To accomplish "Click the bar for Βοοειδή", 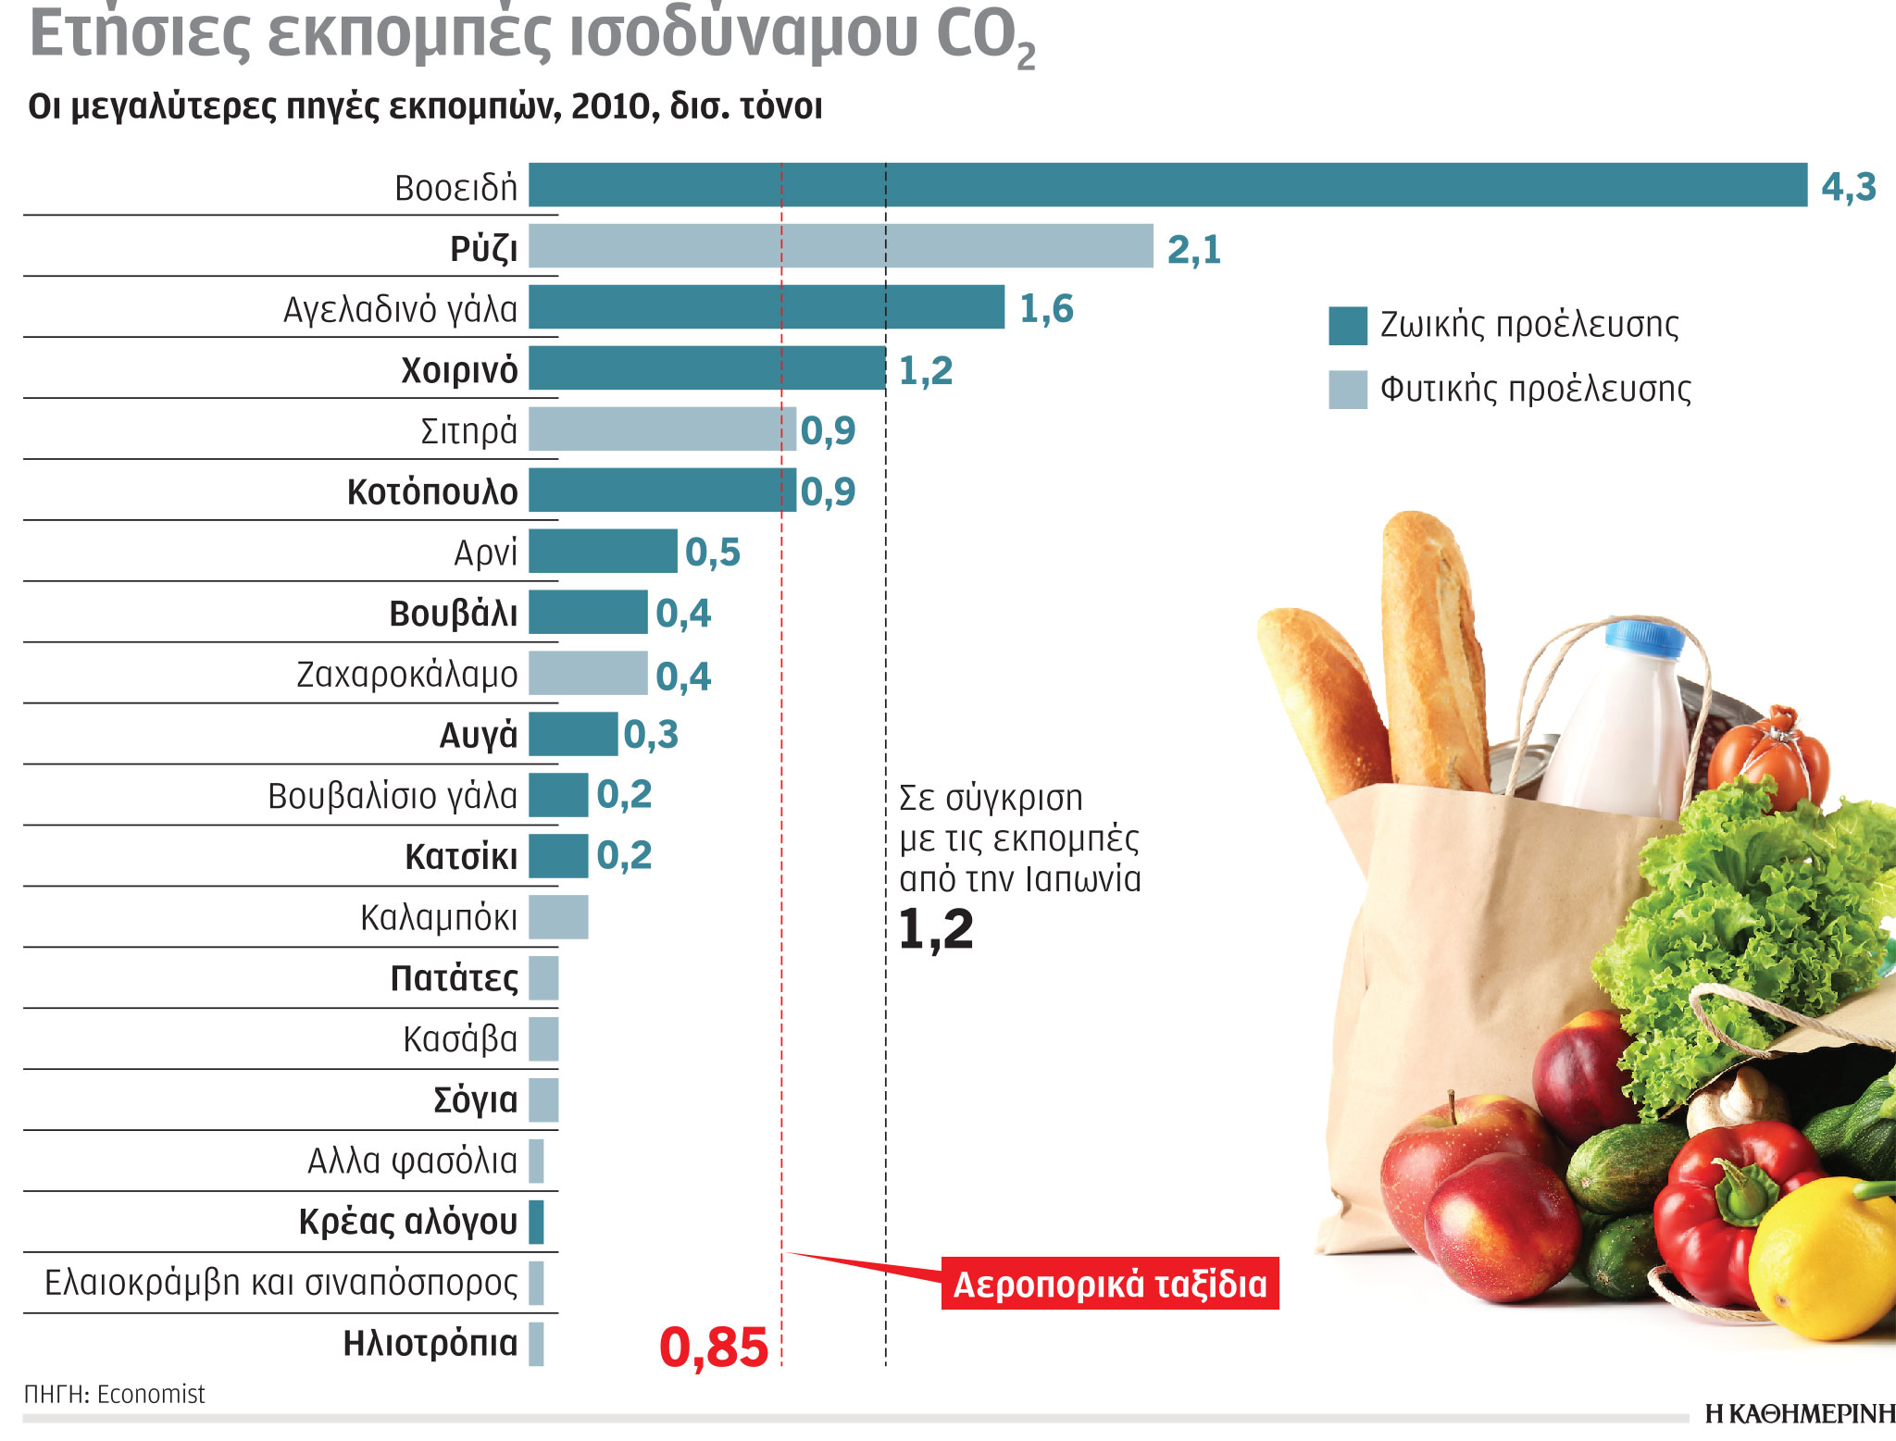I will [x=1166, y=185].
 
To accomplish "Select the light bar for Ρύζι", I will [x=841, y=246].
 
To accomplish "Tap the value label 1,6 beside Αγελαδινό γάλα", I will [x=1046, y=309].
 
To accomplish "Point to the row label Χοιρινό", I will [x=459, y=370].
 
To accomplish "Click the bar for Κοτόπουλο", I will [x=662, y=491].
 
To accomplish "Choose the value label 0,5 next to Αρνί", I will [x=713, y=553].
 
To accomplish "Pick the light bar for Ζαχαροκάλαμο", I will [x=588, y=674].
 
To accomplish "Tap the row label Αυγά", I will [x=479, y=736].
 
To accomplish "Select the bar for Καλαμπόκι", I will [x=558, y=917].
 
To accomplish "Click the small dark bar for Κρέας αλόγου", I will [x=536, y=1223].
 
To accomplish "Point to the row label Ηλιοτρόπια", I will [x=430, y=1344].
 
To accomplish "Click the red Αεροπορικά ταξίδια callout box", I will [x=1110, y=1285].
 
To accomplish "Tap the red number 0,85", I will [x=714, y=1348].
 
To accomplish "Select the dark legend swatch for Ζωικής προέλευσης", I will [x=1348, y=326].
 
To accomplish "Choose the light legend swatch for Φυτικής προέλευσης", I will [x=1348, y=390].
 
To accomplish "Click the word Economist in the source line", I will [x=151, y=1395].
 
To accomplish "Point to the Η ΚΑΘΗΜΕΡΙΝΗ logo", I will [x=1800, y=1414].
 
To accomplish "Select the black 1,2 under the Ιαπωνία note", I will [x=936, y=929].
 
